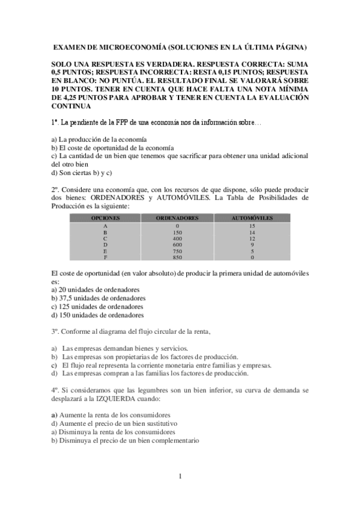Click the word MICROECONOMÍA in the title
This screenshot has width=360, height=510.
[x=131, y=47]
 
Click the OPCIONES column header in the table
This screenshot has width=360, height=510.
[x=105, y=217]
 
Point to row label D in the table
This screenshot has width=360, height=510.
[x=105, y=245]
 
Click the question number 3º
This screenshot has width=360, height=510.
[x=55, y=331]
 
